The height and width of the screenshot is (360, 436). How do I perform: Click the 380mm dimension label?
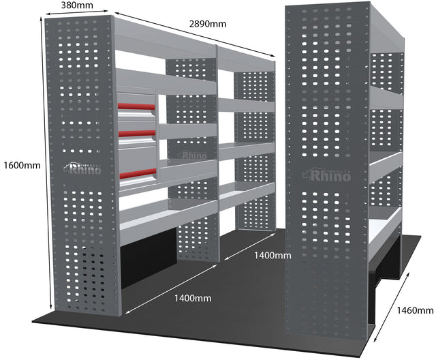pyautogui.click(x=77, y=5)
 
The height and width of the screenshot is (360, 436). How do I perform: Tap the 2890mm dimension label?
pyautogui.click(x=208, y=24)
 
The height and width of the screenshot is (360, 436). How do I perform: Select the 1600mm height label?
pyautogui.click(x=22, y=166)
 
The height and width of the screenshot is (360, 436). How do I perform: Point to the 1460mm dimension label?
pyautogui.click(x=415, y=310)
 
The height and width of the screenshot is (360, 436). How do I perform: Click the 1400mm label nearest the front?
pyautogui.click(x=193, y=299)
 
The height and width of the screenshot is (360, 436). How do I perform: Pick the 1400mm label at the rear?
pyautogui.click(x=272, y=256)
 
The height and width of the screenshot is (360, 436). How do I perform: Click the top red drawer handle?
pyautogui.click(x=136, y=106)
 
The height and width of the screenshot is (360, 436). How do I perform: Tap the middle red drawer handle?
pyautogui.click(x=137, y=133)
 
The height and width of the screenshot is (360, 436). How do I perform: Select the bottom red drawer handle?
pyautogui.click(x=138, y=173)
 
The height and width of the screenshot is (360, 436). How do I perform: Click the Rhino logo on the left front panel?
pyautogui.click(x=82, y=168)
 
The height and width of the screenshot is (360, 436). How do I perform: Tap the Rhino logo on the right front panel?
pyautogui.click(x=326, y=175)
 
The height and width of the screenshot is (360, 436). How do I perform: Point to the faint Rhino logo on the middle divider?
pyautogui.click(x=191, y=155)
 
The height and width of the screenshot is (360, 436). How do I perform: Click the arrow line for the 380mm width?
pyautogui.click(x=77, y=12)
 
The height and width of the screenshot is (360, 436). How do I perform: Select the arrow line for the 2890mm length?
pyautogui.click(x=195, y=35)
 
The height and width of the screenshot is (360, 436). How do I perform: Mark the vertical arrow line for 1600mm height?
pyautogui.click(x=46, y=163)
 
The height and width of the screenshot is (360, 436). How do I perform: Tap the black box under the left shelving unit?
pyautogui.click(x=149, y=257)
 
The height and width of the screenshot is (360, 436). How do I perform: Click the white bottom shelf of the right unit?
pyautogui.click(x=386, y=225)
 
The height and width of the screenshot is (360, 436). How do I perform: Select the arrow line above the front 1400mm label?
pyautogui.click(x=170, y=289)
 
